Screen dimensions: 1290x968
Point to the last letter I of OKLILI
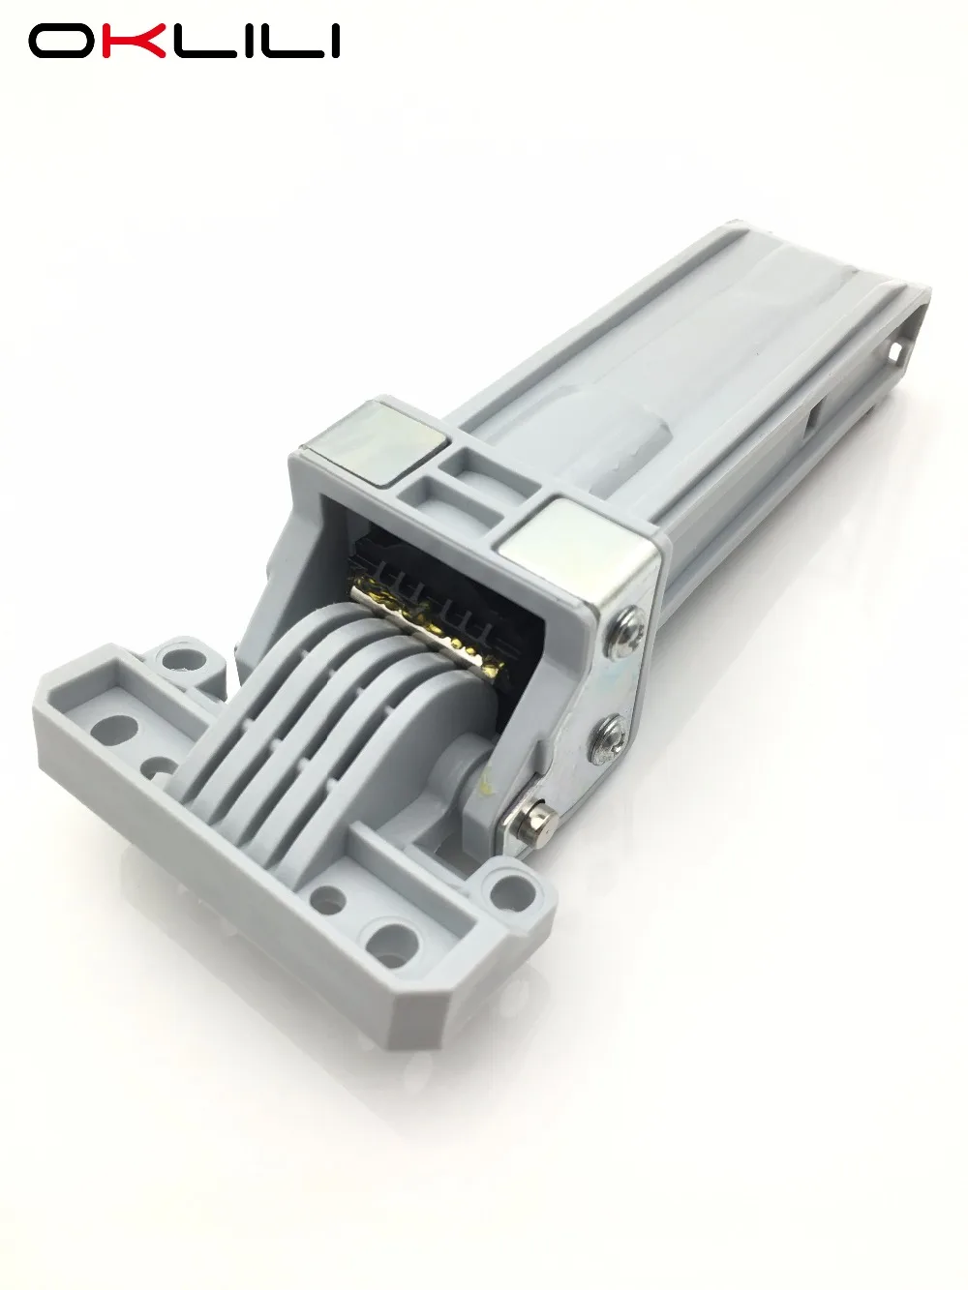[x=333, y=42]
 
